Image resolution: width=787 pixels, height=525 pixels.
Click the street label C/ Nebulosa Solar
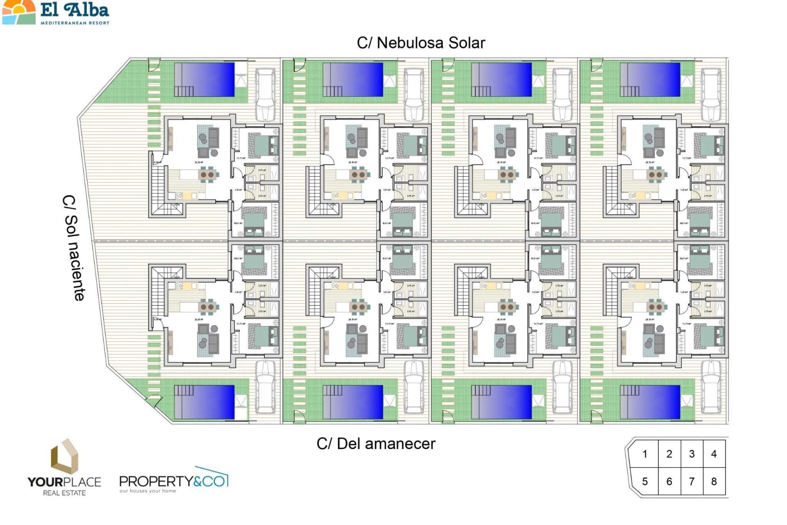421,43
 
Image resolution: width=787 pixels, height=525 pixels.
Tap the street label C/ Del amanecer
376,443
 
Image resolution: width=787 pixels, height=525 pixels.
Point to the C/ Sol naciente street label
74,248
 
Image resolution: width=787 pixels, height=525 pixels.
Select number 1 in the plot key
645,454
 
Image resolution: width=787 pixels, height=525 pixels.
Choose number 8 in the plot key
714,481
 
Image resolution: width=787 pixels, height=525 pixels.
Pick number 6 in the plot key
669,481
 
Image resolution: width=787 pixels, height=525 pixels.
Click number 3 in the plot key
691,454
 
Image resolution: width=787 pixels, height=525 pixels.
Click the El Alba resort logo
56,13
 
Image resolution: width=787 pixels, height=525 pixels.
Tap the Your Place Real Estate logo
64,468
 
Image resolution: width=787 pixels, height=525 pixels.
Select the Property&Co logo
173,480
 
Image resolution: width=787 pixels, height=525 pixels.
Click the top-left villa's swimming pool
205,80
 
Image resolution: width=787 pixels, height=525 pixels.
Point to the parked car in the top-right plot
711,94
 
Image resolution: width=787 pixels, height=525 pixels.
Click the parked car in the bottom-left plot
265,386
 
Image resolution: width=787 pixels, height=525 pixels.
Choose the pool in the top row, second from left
353,80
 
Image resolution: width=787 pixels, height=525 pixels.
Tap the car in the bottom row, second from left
414,386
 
